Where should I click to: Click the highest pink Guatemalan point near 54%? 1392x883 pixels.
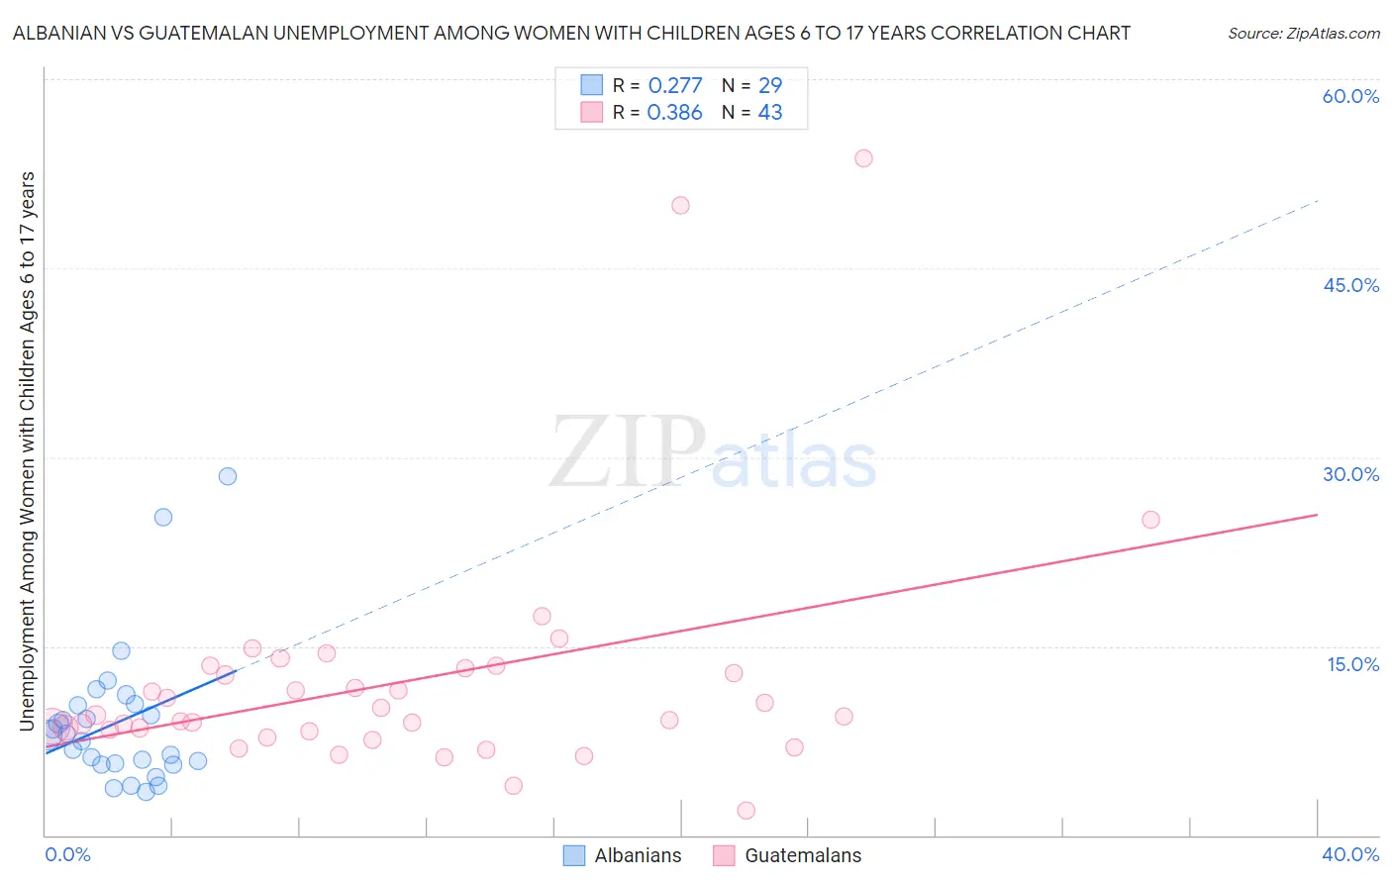tap(863, 158)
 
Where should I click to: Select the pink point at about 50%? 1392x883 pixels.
tap(680, 206)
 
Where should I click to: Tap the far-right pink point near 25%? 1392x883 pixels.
tap(1150, 520)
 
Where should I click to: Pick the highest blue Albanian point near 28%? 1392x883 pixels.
tap(228, 476)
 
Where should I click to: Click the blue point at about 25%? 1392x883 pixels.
tap(163, 517)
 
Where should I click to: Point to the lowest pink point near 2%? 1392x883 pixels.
tap(746, 811)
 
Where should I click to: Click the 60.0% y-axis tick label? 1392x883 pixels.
tap(1350, 97)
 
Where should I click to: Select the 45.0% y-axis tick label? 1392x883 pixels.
tap(1350, 286)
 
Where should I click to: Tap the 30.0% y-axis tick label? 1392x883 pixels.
tap(1350, 475)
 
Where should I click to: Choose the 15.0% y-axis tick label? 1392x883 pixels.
tap(1352, 664)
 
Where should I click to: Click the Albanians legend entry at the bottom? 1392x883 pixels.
tap(637, 856)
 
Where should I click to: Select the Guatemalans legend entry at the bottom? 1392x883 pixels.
tap(802, 856)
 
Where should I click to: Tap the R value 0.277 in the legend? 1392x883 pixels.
tap(675, 86)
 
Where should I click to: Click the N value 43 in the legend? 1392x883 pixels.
tap(769, 113)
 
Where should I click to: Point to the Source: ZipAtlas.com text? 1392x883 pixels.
tap(1303, 34)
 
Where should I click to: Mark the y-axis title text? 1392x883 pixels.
tap(27, 450)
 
